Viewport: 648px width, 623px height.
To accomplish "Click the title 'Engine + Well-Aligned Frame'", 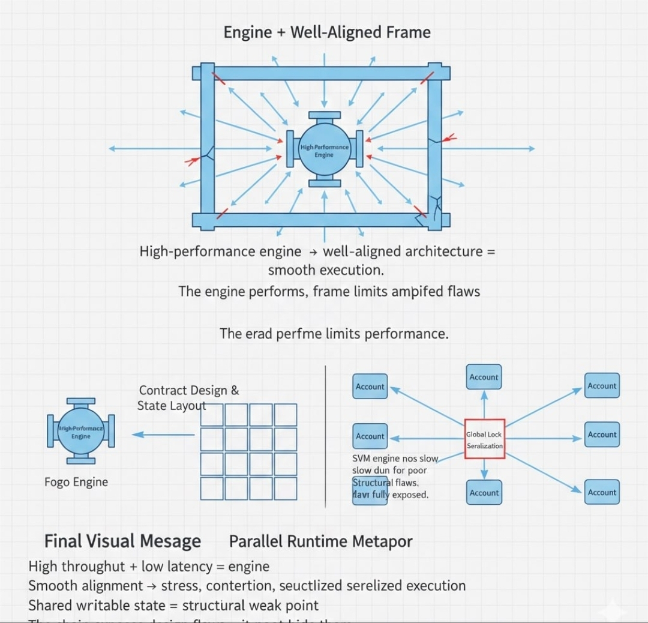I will (x=327, y=32).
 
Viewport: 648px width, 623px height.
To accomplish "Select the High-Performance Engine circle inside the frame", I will (x=324, y=150).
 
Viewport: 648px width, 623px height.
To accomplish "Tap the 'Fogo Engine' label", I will (x=76, y=482).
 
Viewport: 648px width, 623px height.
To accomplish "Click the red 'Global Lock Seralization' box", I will (x=484, y=439).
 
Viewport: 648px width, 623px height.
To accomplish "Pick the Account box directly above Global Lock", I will (x=484, y=377).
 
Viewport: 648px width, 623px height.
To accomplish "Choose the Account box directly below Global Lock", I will (x=484, y=493).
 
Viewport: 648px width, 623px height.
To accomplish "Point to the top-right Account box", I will (x=602, y=386).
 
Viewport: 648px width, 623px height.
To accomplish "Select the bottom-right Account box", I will (x=602, y=492).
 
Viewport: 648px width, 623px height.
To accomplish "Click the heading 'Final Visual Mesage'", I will (x=122, y=541).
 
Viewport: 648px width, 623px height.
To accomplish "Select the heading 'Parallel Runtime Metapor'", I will (x=320, y=541).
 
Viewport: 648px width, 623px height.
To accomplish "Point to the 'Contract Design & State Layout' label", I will (x=188, y=398).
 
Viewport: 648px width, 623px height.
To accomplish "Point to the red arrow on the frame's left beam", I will (x=192, y=161).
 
